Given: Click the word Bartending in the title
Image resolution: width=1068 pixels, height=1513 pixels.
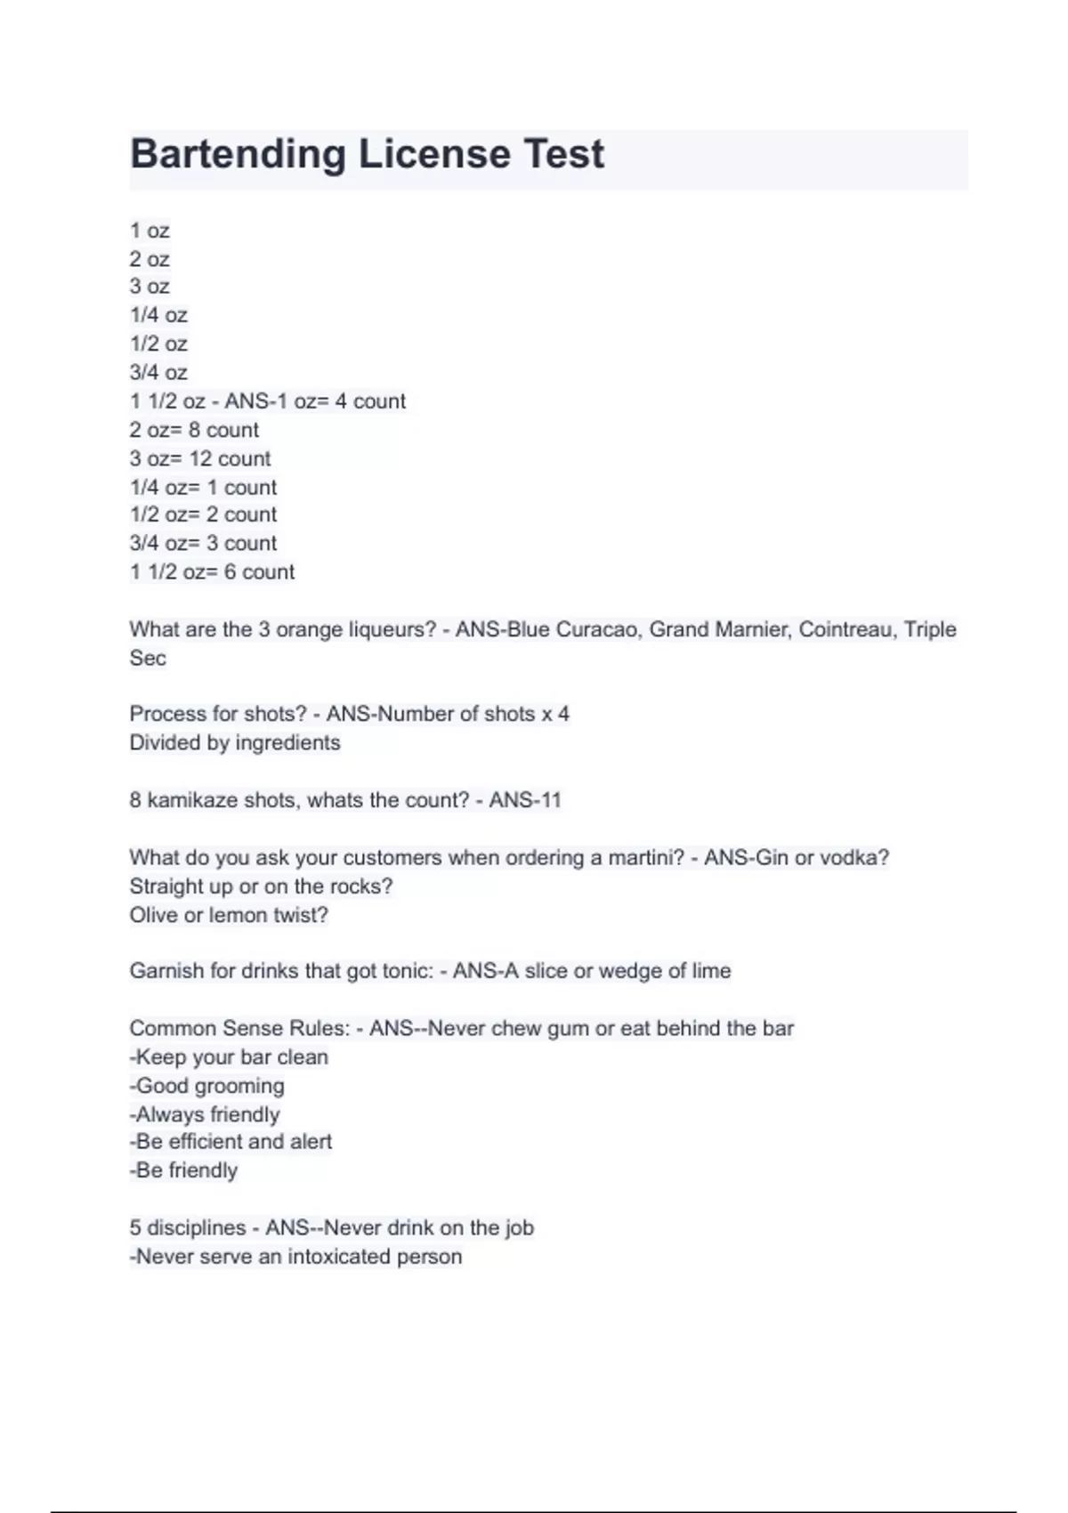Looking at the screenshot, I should coord(238,154).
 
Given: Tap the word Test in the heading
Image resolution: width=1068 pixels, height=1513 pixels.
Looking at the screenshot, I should coord(563,154).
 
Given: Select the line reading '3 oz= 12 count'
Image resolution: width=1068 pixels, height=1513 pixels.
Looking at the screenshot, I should coord(199,458).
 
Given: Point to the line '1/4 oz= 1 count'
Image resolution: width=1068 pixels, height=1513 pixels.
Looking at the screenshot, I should coord(203,487).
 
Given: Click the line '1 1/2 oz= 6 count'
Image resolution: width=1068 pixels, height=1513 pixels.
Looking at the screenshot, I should coord(212,571).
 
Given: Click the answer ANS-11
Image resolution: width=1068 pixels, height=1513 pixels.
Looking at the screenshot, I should coord(525,799).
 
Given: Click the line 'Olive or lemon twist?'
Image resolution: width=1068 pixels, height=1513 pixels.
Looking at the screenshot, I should coord(229,915).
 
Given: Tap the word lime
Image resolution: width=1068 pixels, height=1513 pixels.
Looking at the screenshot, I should coord(711,970).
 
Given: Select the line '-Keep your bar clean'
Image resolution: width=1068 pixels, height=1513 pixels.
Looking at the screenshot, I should coord(229,1056).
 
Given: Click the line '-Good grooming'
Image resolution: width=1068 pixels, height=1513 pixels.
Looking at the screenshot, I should coord(206,1085).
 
